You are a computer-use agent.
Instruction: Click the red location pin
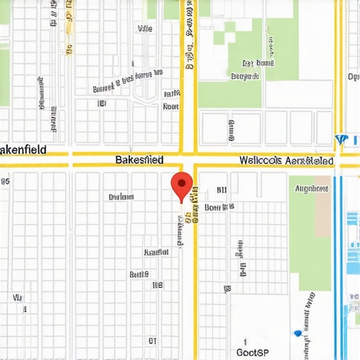[x=182, y=185]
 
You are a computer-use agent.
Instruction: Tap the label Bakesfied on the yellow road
[x=139, y=160]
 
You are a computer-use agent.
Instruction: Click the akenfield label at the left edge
[x=22, y=150]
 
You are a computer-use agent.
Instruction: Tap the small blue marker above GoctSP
[x=298, y=333]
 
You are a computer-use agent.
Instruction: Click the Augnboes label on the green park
[x=311, y=188]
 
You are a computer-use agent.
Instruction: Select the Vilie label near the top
[x=145, y=30]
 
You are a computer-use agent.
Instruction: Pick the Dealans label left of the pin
[x=121, y=198]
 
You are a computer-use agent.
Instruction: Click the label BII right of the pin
[x=222, y=190]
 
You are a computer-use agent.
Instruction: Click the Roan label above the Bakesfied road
[x=170, y=107]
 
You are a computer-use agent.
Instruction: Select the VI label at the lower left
[x=18, y=298]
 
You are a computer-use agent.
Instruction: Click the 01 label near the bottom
[x=152, y=340]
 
